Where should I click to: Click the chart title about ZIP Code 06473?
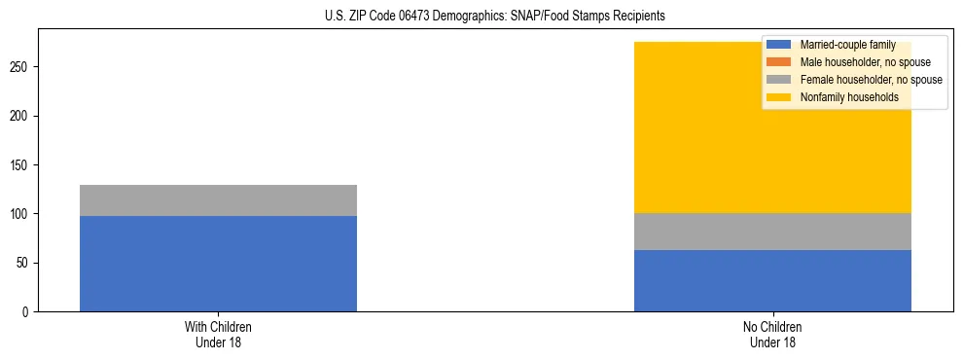(495, 17)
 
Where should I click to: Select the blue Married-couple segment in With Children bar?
(218, 264)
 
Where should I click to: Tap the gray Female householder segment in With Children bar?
(218, 200)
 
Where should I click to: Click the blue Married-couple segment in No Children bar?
(772, 281)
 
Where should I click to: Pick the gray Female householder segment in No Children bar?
(772, 232)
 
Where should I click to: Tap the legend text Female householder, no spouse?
(871, 80)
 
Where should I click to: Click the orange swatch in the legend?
(780, 62)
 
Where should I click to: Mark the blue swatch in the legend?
(780, 45)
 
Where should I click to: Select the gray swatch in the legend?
(780, 80)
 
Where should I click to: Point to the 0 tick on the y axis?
(29, 312)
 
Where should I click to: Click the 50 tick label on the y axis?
(26, 263)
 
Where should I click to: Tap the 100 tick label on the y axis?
(23, 214)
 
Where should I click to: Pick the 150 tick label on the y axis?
(23, 165)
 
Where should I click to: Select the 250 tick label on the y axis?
(23, 67)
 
